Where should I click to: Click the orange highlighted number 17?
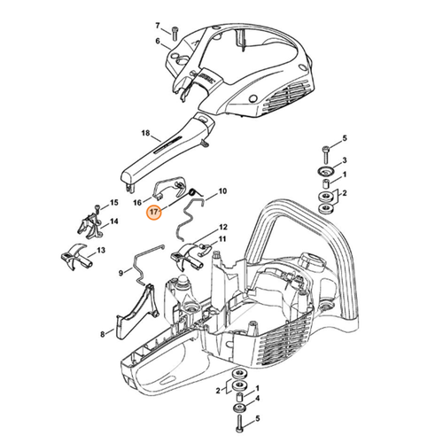click(x=154, y=214)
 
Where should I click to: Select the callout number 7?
click(x=159, y=26)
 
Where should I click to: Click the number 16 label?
click(x=139, y=202)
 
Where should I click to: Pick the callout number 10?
click(x=222, y=190)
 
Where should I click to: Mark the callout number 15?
click(x=113, y=203)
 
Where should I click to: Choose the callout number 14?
click(x=113, y=222)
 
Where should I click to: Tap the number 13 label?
click(x=101, y=251)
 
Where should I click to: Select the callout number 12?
click(x=222, y=227)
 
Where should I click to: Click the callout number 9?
click(x=120, y=275)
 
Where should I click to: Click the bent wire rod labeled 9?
click(x=140, y=263)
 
